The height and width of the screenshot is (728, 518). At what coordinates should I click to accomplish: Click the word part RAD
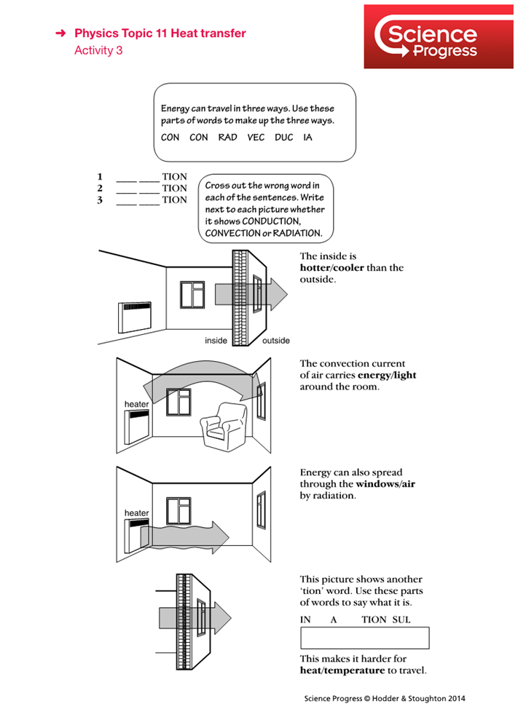(227, 138)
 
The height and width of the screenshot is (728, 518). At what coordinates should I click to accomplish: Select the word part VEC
(256, 138)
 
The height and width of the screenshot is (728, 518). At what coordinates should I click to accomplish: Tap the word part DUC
(283, 138)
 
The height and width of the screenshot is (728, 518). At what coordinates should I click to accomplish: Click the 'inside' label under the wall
(216, 341)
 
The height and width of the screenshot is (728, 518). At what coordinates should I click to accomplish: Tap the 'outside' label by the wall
(275, 341)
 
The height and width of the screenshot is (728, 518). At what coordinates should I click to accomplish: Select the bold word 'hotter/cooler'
(331, 268)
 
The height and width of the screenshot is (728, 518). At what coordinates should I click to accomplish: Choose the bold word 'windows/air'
(385, 484)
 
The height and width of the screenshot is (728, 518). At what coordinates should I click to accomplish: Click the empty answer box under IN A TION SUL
(364, 638)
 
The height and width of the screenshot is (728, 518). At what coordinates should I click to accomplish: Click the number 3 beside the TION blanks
(100, 200)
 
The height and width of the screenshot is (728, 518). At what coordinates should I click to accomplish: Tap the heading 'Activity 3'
(98, 51)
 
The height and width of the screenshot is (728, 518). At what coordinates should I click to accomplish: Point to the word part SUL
(401, 620)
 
